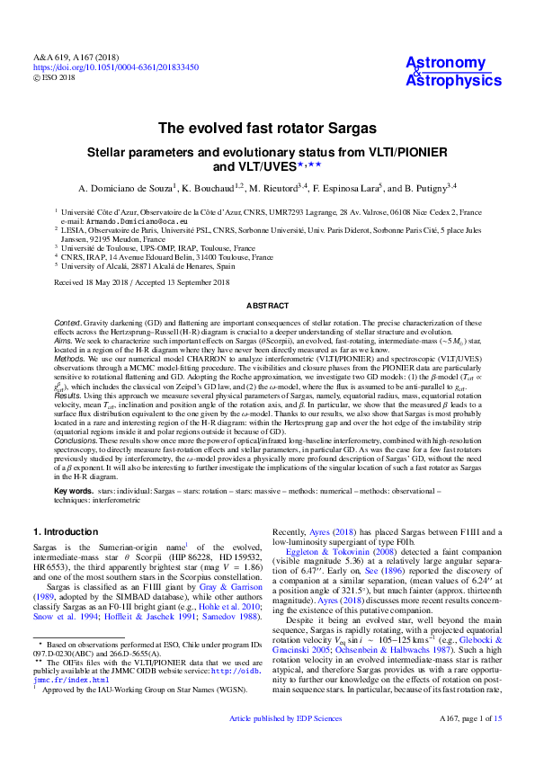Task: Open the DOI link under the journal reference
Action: coord(116,67)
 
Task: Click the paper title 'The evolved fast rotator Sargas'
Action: coord(267,129)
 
